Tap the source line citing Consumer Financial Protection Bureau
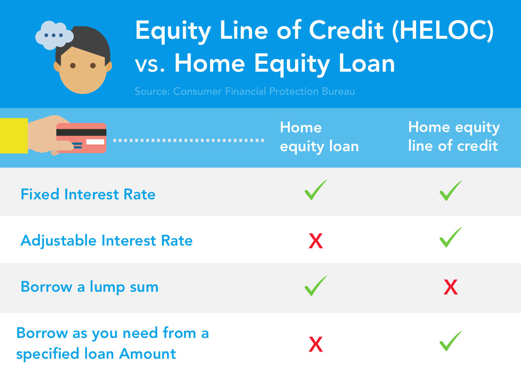pyautogui.click(x=244, y=91)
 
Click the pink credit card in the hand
pyautogui.click(x=81, y=137)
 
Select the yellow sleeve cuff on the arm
pyautogui.click(x=14, y=136)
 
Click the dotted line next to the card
pyautogui.click(x=189, y=140)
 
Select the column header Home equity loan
pyautogui.click(x=319, y=137)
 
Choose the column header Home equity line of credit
pyautogui.click(x=453, y=136)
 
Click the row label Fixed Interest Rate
pyautogui.click(x=88, y=194)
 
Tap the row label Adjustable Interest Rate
pyautogui.click(x=106, y=240)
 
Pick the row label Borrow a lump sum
pyautogui.click(x=90, y=287)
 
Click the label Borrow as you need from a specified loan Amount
pyautogui.click(x=112, y=343)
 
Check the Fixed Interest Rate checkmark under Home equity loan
pyautogui.click(x=315, y=190)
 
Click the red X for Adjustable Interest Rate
pyautogui.click(x=316, y=241)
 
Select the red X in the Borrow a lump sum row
pyautogui.click(x=451, y=287)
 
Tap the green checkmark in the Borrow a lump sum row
pyautogui.click(x=315, y=286)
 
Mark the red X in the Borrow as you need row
pyautogui.click(x=316, y=344)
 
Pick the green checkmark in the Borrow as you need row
pyautogui.click(x=451, y=341)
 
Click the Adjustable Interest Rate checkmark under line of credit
pyautogui.click(x=451, y=237)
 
